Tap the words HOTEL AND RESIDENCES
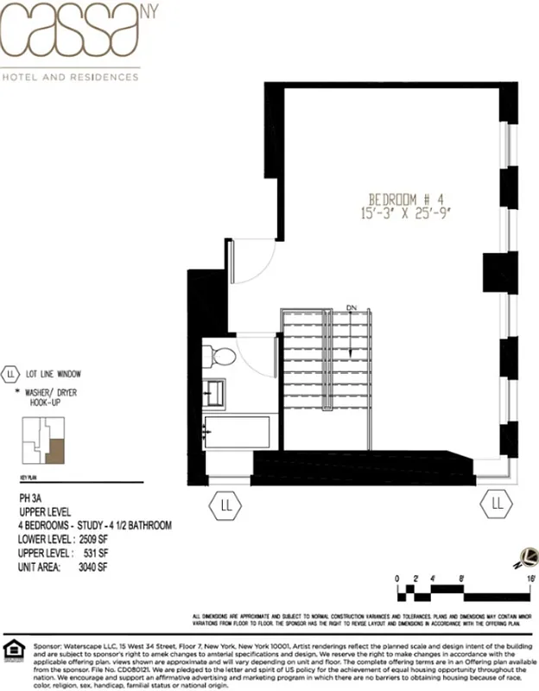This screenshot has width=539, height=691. tap(71, 77)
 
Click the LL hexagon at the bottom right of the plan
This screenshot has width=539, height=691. tap(497, 503)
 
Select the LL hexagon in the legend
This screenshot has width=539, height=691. tap(11, 375)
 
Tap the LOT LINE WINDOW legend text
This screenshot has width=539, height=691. tap(54, 375)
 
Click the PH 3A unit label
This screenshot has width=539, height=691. tap(31, 498)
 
